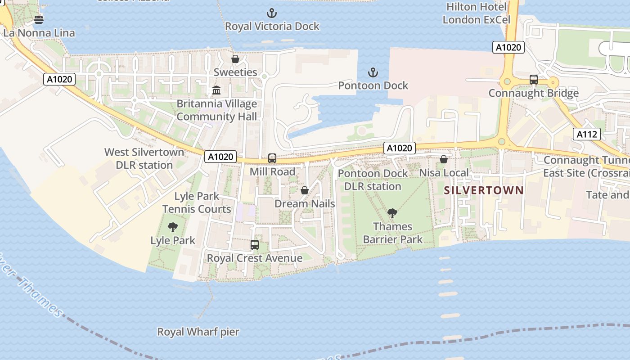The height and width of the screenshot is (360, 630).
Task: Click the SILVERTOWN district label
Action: (484, 190)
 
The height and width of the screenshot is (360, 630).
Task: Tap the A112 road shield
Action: (587, 134)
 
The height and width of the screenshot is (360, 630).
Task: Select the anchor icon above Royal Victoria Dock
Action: (272, 13)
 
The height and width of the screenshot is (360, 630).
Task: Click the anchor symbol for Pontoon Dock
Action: (373, 72)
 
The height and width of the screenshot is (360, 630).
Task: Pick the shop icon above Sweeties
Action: (235, 59)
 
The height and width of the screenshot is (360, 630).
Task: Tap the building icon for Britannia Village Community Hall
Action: (216, 90)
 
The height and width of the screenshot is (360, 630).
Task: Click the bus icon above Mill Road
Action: (272, 158)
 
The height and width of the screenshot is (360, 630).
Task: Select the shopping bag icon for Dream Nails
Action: (305, 190)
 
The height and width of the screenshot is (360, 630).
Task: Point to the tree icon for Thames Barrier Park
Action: (392, 213)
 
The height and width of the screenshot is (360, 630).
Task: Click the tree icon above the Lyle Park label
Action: (172, 227)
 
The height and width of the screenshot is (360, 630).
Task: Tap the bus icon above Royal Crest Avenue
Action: (255, 245)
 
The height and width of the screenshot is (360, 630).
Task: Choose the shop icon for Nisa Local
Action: (444, 159)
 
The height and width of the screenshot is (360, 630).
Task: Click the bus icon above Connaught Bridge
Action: (534, 80)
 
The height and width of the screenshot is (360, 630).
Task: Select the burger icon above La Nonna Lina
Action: (39, 19)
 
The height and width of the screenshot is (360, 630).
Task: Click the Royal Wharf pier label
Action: (198, 332)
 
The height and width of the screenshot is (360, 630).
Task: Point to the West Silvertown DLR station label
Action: (144, 158)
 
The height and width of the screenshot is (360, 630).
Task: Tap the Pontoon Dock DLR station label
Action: (373, 180)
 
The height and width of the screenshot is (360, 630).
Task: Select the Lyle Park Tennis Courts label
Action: (197, 202)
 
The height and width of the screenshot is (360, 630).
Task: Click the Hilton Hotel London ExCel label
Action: (477, 13)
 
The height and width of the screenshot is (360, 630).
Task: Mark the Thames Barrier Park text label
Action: (393, 233)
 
